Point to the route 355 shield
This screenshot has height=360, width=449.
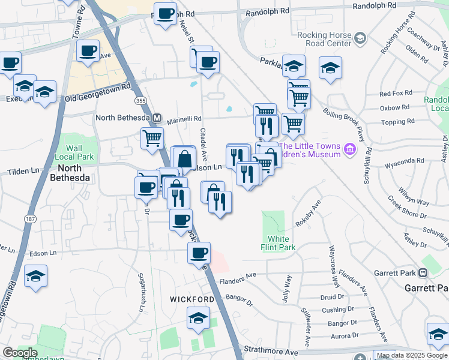(140, 101)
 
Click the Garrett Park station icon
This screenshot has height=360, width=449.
(423, 273)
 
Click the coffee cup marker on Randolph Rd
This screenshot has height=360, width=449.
(166, 13)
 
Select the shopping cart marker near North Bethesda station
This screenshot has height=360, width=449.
(152, 137)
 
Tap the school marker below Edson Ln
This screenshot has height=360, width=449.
(35, 276)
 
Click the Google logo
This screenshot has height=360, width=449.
(20, 353)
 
